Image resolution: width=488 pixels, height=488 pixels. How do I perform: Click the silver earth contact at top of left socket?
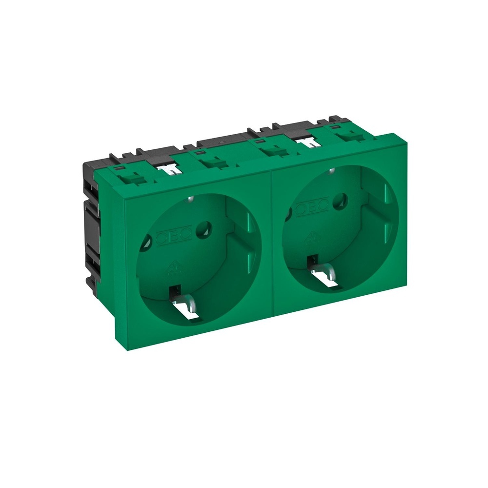point(189,199)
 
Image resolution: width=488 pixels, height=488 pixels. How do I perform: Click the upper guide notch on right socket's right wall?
point(386,192)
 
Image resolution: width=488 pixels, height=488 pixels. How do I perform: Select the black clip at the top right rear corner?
point(335,119)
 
